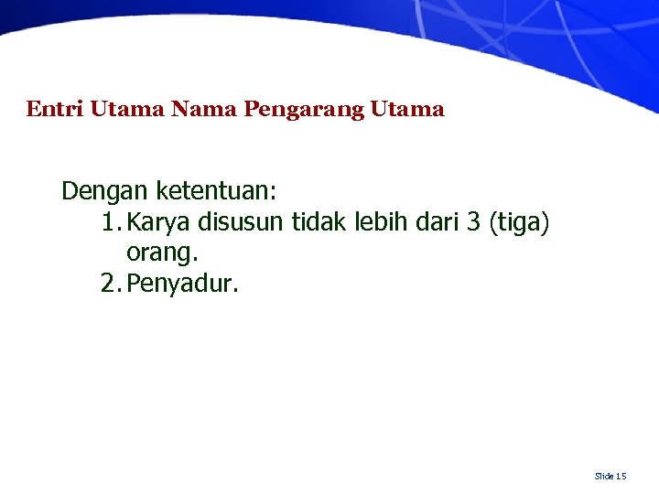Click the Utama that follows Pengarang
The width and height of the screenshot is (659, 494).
pyautogui.click(x=407, y=110)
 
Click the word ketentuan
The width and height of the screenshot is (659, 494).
pyautogui.click(x=216, y=191)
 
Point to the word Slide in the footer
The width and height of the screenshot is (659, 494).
pyautogui.click(x=604, y=476)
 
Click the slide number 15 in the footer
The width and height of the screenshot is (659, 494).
pyautogui.click(x=621, y=476)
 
